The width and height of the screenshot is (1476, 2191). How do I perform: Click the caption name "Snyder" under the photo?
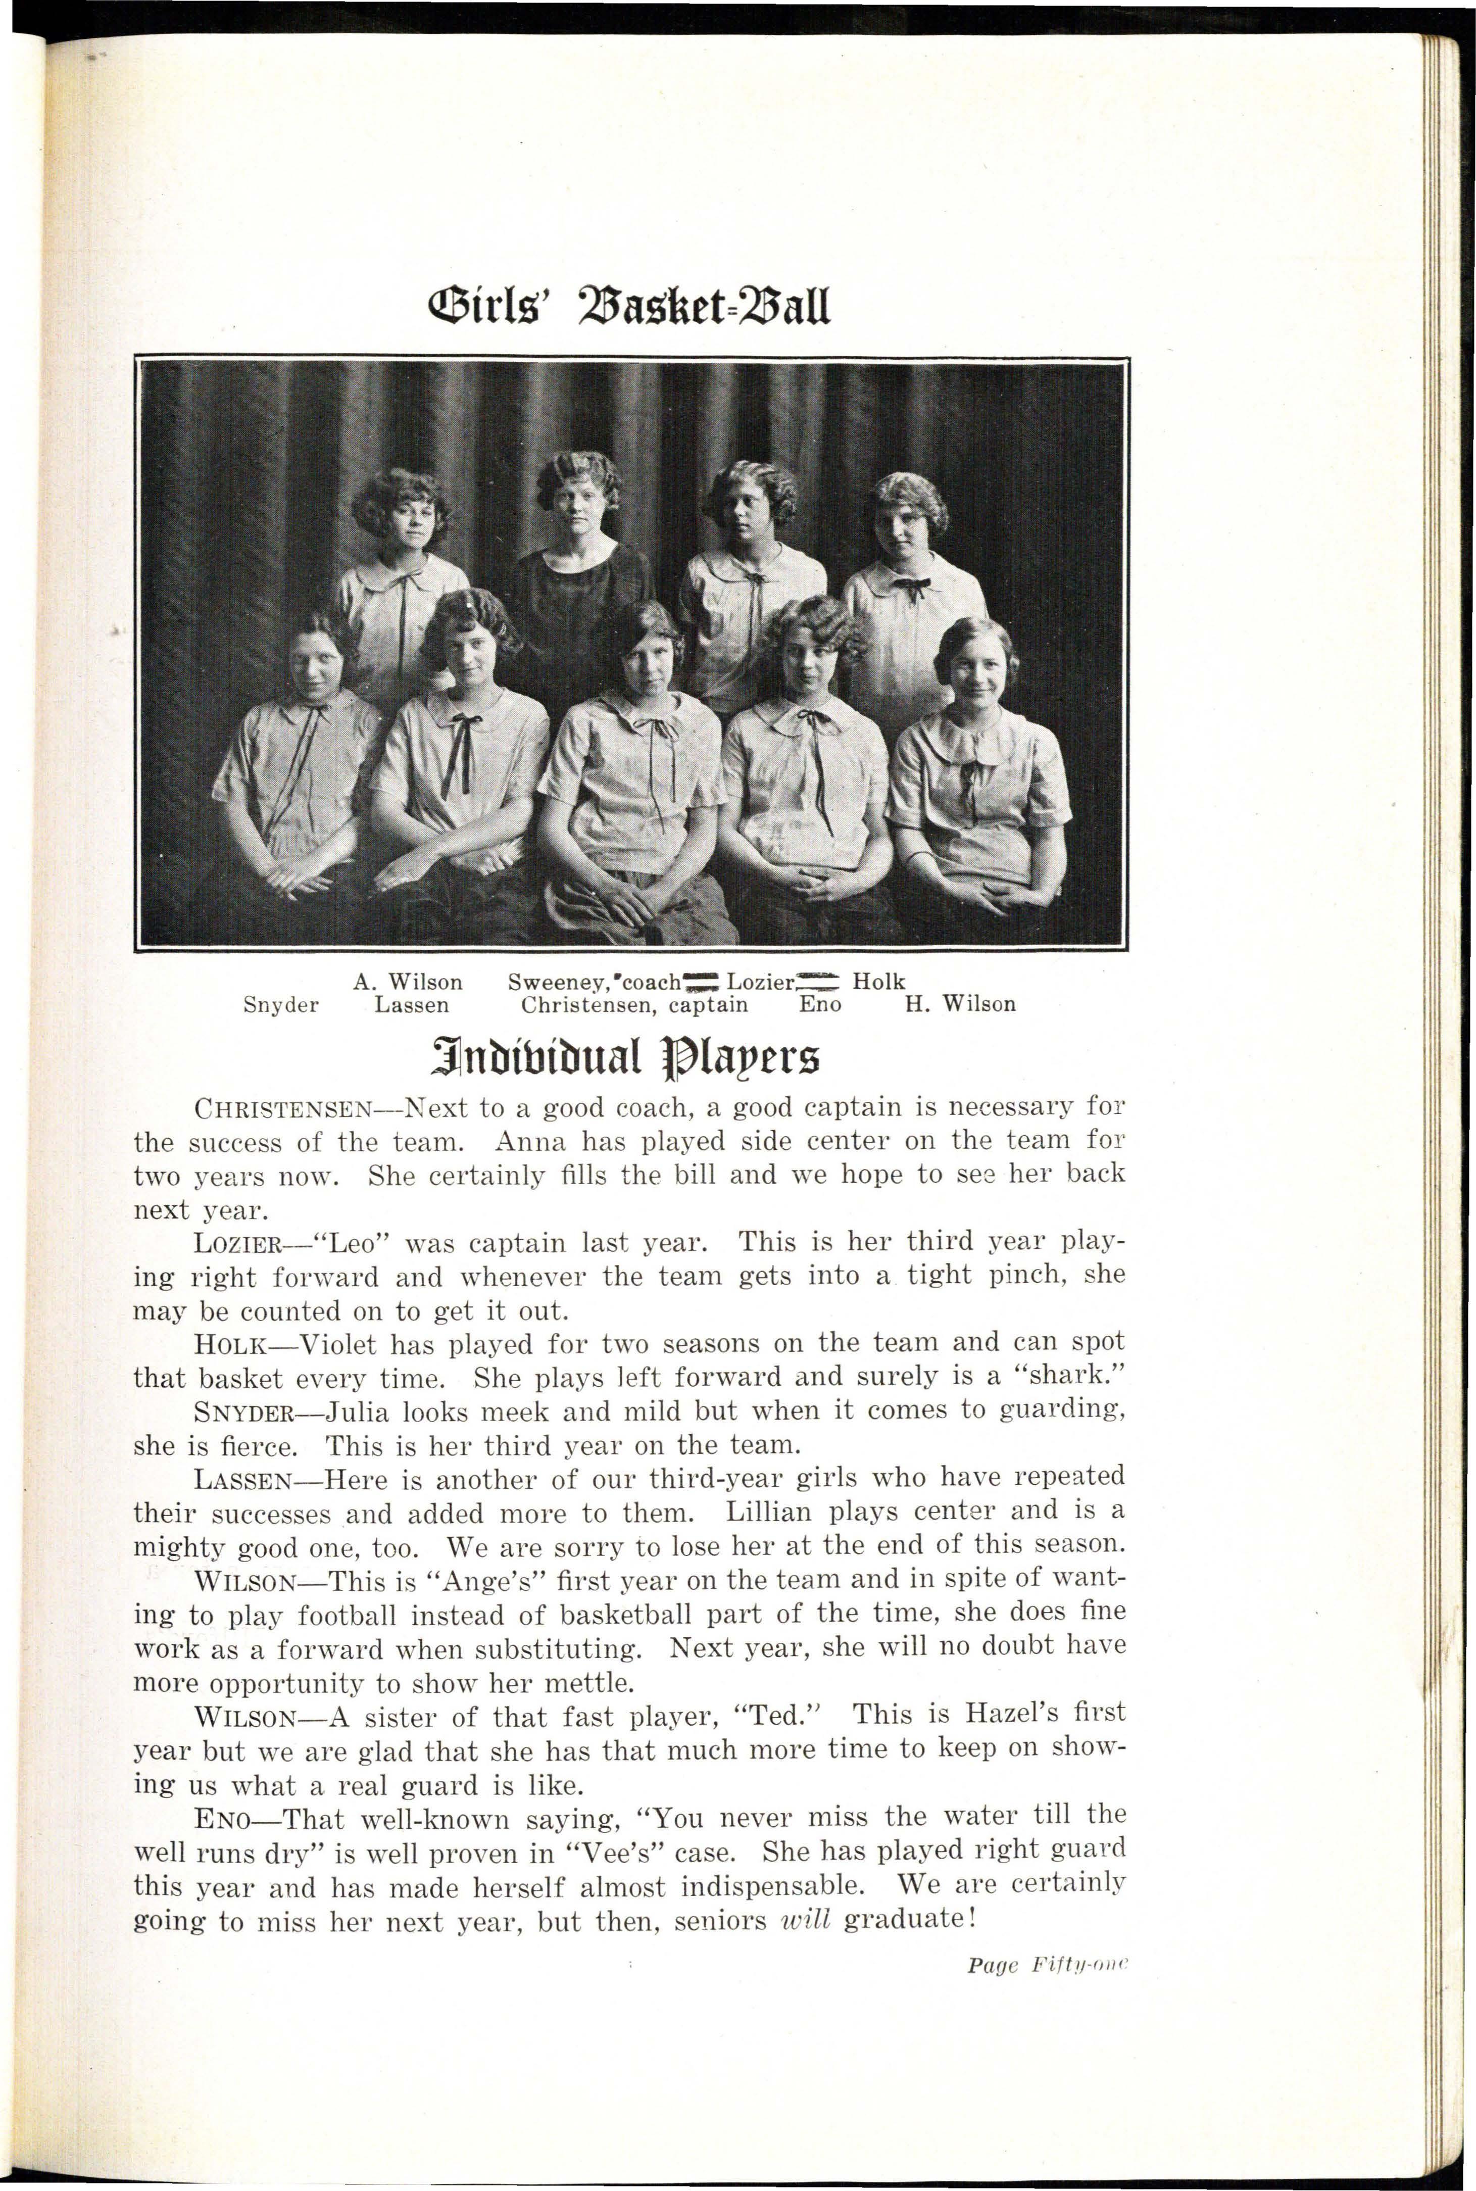click(x=280, y=1005)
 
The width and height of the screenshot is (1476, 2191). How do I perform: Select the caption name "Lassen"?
click(x=411, y=1005)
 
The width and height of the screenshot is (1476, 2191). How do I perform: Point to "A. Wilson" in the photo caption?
click(x=408, y=983)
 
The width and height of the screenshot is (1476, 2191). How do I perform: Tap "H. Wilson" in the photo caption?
click(x=960, y=1005)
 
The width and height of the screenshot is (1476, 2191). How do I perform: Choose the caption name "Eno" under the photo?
click(x=820, y=1005)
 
